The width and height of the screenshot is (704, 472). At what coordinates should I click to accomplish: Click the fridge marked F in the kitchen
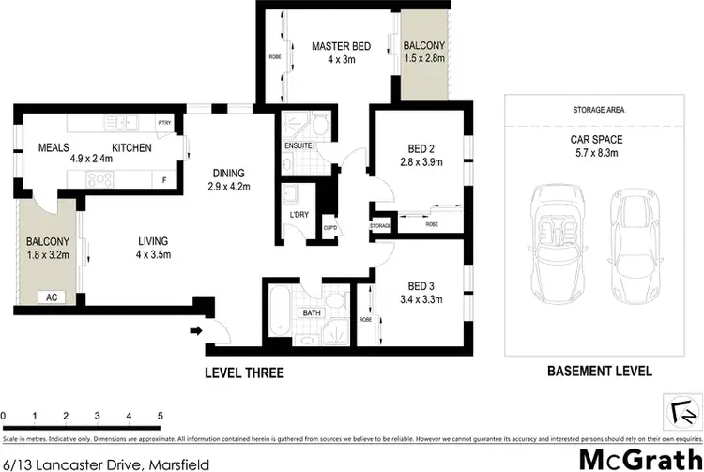coord(165,179)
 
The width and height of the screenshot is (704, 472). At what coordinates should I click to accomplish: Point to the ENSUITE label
coord(298,146)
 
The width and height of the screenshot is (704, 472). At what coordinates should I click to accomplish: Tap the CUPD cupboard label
coord(329,227)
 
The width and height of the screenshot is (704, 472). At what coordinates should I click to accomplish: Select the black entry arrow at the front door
coord(197,329)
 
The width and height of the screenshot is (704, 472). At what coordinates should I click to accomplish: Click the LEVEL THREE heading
coord(245,373)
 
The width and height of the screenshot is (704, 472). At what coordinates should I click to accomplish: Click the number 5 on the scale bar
coord(161,414)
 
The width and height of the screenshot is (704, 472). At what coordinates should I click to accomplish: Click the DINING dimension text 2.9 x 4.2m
coord(228,187)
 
